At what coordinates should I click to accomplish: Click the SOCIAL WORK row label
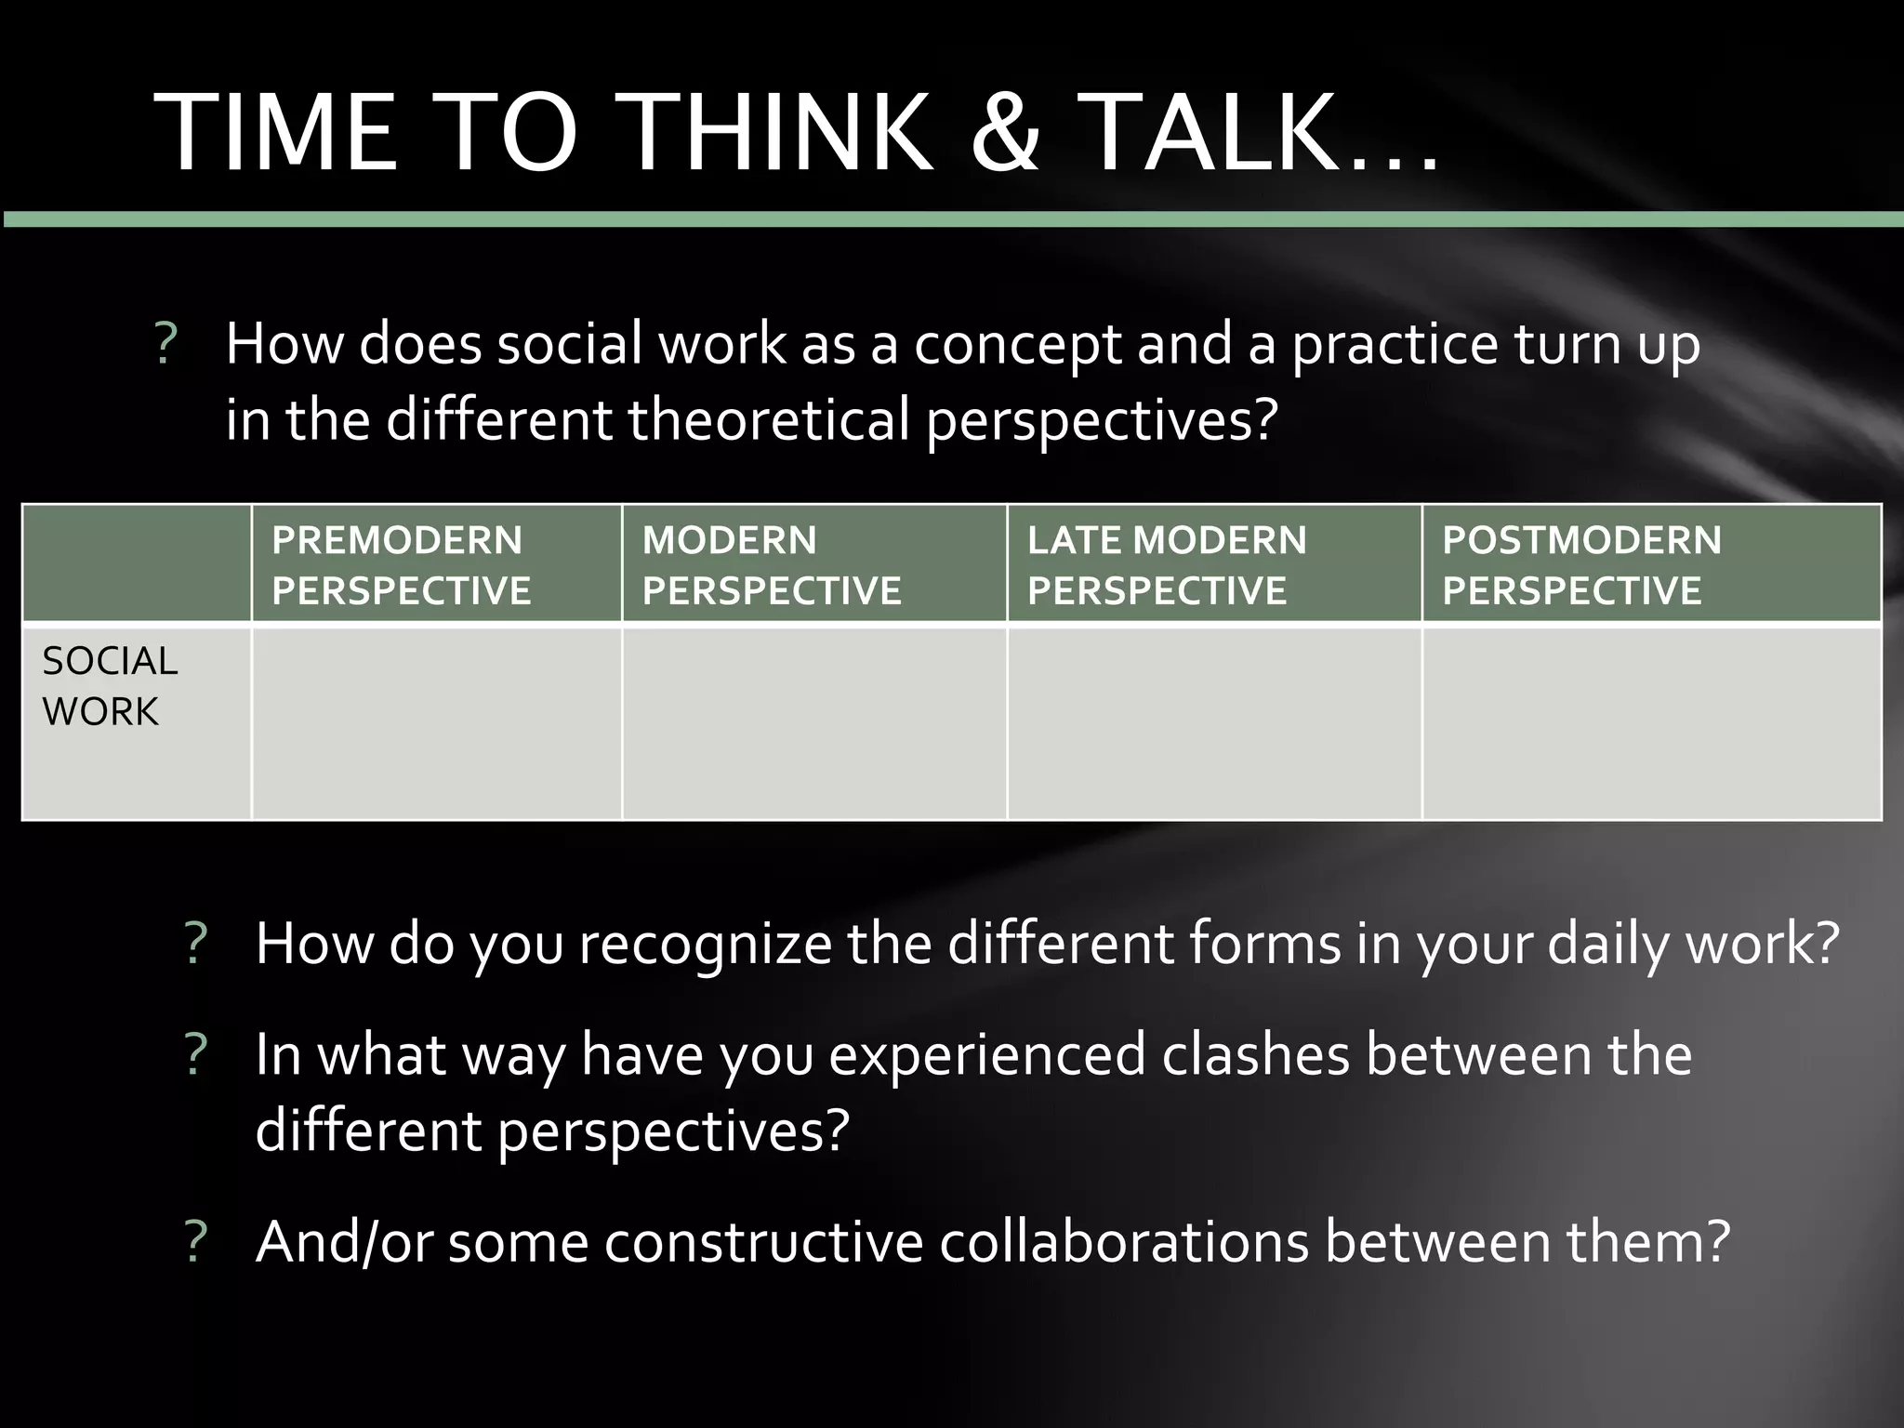pyautogui.click(x=110, y=686)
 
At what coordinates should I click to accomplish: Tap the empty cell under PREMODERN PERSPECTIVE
pyautogui.click(x=437, y=724)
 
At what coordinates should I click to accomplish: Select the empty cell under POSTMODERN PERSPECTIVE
pyautogui.click(x=1651, y=724)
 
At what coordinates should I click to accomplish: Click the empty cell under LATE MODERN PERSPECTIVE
pyautogui.click(x=1214, y=724)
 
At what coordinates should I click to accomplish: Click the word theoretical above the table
pyautogui.click(x=768, y=420)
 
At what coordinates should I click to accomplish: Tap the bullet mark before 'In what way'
pyautogui.click(x=195, y=1056)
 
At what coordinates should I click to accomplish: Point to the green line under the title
pyautogui.click(x=952, y=219)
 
